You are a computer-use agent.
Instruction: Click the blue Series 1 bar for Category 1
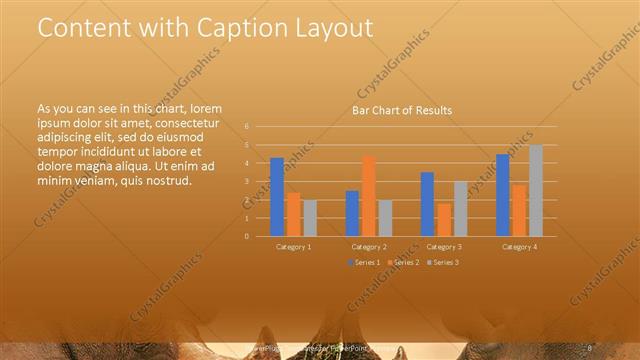pyautogui.click(x=277, y=196)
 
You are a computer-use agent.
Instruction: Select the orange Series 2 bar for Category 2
pyautogui.click(x=369, y=195)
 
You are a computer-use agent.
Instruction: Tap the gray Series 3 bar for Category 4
pyautogui.click(x=536, y=190)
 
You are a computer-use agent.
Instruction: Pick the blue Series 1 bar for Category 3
pyautogui.click(x=427, y=204)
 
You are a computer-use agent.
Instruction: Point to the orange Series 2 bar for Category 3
pyautogui.click(x=444, y=219)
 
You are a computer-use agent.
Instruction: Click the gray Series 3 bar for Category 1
pyautogui.click(x=309, y=218)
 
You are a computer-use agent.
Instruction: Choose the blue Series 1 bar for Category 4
pyautogui.click(x=503, y=195)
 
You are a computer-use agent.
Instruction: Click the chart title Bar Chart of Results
pyautogui.click(x=402, y=110)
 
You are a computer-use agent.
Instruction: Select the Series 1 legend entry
pyautogui.click(x=365, y=262)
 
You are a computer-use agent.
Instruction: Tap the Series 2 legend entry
pyautogui.click(x=402, y=262)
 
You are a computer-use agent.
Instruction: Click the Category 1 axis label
pyautogui.click(x=293, y=246)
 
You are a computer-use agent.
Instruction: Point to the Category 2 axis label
pyautogui.click(x=369, y=246)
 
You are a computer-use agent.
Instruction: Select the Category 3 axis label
pyautogui.click(x=444, y=246)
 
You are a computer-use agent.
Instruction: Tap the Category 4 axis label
pyautogui.click(x=519, y=246)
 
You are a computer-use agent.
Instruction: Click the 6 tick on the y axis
pyautogui.click(x=246, y=127)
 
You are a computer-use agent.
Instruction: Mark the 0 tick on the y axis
pyautogui.click(x=246, y=236)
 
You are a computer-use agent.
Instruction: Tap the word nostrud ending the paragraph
pyautogui.click(x=169, y=181)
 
